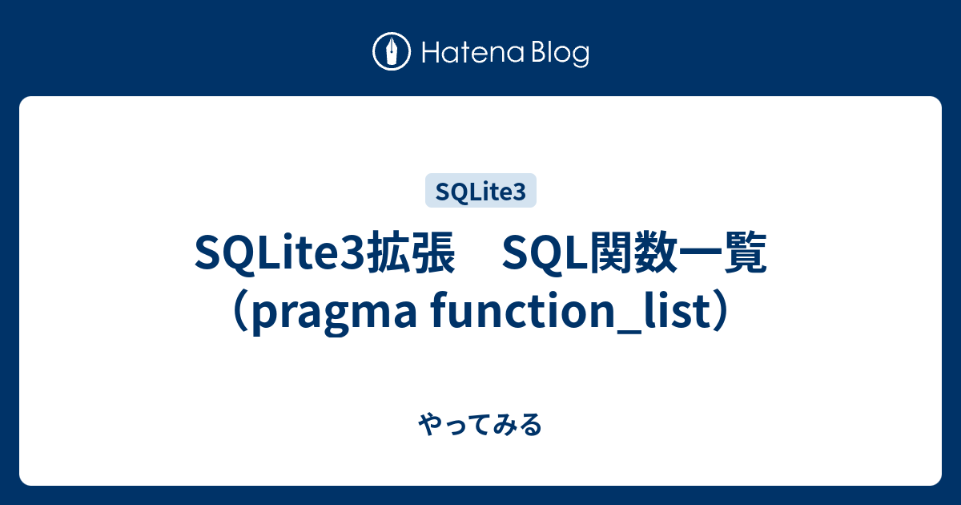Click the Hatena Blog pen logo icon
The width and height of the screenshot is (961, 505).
(x=392, y=52)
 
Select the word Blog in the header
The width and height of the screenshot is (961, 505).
(x=559, y=54)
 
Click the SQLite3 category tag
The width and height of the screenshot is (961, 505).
(x=480, y=191)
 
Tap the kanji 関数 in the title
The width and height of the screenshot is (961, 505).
(x=636, y=254)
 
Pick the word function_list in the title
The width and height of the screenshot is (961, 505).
(x=561, y=313)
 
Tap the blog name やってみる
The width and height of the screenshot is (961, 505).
(x=480, y=425)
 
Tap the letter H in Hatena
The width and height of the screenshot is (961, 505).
(x=430, y=53)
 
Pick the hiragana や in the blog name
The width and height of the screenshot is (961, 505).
(x=430, y=425)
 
